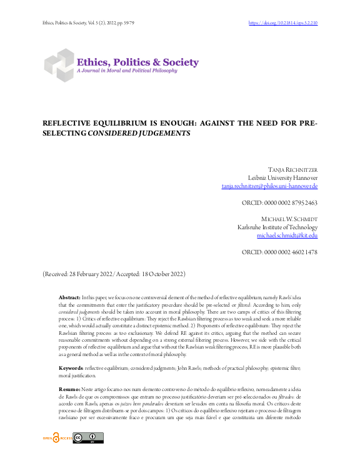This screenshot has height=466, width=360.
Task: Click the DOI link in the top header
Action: coord(283,23)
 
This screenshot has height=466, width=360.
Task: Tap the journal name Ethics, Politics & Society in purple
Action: coord(137,62)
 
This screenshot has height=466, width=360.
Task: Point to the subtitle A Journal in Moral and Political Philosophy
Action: coord(126,71)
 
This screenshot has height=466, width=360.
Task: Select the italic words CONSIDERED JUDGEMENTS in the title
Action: coord(139,134)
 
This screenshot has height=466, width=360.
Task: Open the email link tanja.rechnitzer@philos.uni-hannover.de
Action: coord(269,186)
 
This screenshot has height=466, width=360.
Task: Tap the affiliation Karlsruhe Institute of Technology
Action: coord(277,227)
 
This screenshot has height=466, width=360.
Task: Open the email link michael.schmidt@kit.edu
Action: coord(287,235)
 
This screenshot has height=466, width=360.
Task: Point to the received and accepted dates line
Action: coord(113,274)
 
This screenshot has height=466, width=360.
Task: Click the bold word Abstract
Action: coord(69,299)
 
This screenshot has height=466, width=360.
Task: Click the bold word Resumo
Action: coord(69,372)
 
